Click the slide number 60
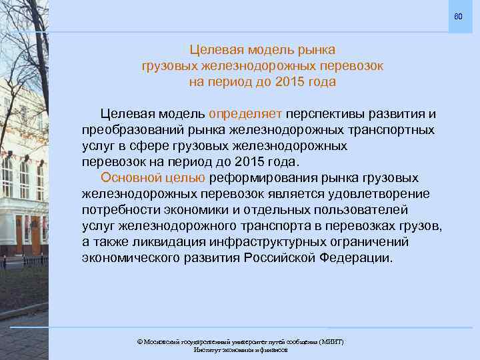[x=458, y=16]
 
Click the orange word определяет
[x=246, y=114]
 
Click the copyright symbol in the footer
[x=139, y=341]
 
